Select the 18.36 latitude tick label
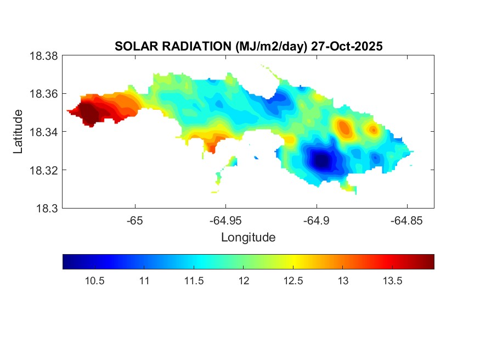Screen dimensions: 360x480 point(43,94)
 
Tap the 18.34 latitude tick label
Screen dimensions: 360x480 point(43,132)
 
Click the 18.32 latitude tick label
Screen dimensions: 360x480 point(43,170)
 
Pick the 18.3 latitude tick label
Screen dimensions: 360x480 point(47,208)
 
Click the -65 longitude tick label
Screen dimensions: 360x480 point(135,220)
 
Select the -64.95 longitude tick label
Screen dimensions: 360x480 point(225,220)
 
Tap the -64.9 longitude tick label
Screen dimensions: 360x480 point(316,220)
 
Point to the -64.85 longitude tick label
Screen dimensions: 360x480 point(406,220)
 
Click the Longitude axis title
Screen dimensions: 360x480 point(248,238)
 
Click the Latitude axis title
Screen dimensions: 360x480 point(19,132)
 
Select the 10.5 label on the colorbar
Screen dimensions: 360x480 point(95,281)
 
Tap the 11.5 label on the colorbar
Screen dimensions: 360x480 point(194,281)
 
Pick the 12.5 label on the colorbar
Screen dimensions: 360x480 point(293,281)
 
